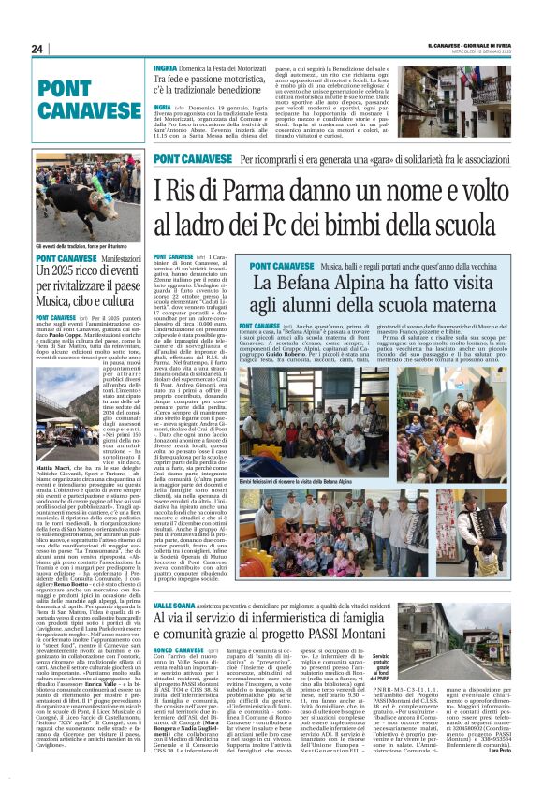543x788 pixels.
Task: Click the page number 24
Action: (x=37, y=49)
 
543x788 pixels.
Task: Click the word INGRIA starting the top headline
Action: (x=166, y=68)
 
